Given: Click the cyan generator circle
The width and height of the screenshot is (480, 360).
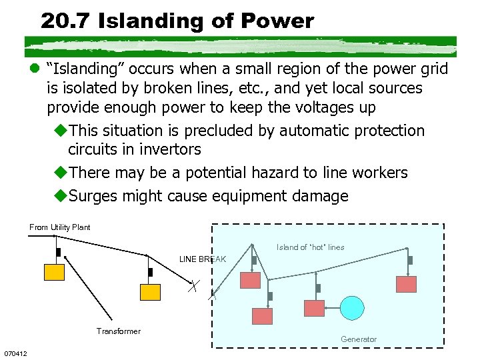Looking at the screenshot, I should (353, 307).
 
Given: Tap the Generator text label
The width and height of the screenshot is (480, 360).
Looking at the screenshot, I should (359, 339).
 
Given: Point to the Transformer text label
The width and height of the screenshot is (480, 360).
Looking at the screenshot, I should (118, 331).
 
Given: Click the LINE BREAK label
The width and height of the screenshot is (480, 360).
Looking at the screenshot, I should (203, 259).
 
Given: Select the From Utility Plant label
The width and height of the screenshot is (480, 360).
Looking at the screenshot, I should (60, 227).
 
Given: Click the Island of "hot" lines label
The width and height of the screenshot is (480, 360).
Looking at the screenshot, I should (311, 247).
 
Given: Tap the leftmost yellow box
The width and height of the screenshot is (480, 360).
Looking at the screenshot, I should (54, 271).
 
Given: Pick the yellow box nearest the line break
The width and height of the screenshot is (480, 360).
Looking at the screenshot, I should (150, 292).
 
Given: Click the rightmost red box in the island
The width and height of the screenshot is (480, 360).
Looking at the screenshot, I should (406, 284).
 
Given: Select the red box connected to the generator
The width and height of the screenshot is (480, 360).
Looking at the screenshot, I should (314, 308).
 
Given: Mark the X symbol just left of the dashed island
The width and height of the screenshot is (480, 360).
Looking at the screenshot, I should (193, 287).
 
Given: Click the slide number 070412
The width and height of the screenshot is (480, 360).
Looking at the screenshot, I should (15, 353).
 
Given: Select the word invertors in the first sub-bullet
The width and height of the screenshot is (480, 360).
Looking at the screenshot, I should (167, 149).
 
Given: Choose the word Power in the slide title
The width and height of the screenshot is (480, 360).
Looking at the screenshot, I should (281, 21).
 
